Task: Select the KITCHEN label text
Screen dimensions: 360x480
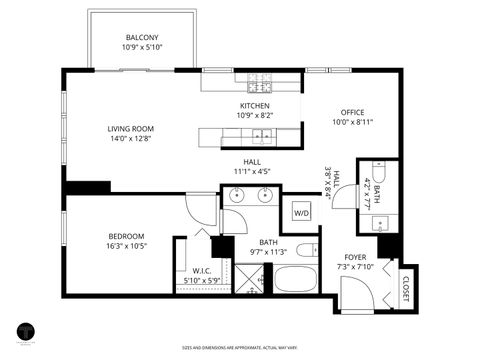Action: (255, 106)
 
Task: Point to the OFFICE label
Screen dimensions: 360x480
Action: (351, 112)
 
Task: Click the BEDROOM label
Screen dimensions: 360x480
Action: (127, 236)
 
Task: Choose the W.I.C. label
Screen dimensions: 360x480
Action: (203, 270)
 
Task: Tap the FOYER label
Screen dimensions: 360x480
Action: (356, 257)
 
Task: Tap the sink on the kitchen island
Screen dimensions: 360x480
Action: (261, 138)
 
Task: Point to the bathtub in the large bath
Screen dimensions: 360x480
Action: (295, 278)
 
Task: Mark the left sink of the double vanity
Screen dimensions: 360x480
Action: (237, 195)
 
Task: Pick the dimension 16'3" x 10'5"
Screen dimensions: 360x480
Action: (127, 246)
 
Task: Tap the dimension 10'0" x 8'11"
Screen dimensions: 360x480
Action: (351, 122)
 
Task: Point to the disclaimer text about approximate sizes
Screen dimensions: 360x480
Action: (240, 349)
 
